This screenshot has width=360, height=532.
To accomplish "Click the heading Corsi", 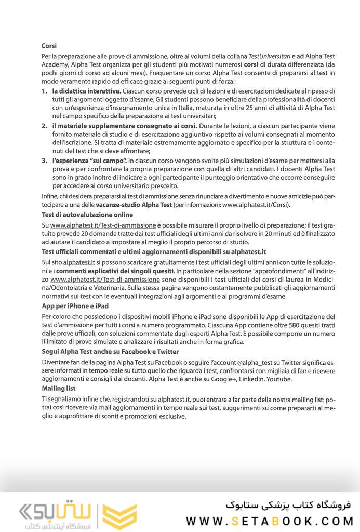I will click(49, 46).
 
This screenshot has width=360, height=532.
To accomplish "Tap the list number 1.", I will click(44, 91).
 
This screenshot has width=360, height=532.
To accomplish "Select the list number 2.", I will click(44, 126).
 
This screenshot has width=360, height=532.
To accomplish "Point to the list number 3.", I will click(44, 162).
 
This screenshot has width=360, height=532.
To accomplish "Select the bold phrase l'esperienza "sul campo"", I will click(89, 162).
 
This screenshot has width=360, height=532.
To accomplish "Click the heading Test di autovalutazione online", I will click(87, 215).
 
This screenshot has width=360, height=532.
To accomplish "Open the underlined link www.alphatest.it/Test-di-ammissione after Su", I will click(103, 225).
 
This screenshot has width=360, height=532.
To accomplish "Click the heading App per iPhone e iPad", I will click(75, 306).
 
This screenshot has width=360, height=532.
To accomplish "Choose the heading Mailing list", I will click(59, 388).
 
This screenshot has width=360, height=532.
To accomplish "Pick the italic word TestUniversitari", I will click(268, 55).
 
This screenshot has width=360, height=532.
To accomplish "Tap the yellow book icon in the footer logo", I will click(119, 515).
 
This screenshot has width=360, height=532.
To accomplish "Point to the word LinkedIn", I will click(250, 379).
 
